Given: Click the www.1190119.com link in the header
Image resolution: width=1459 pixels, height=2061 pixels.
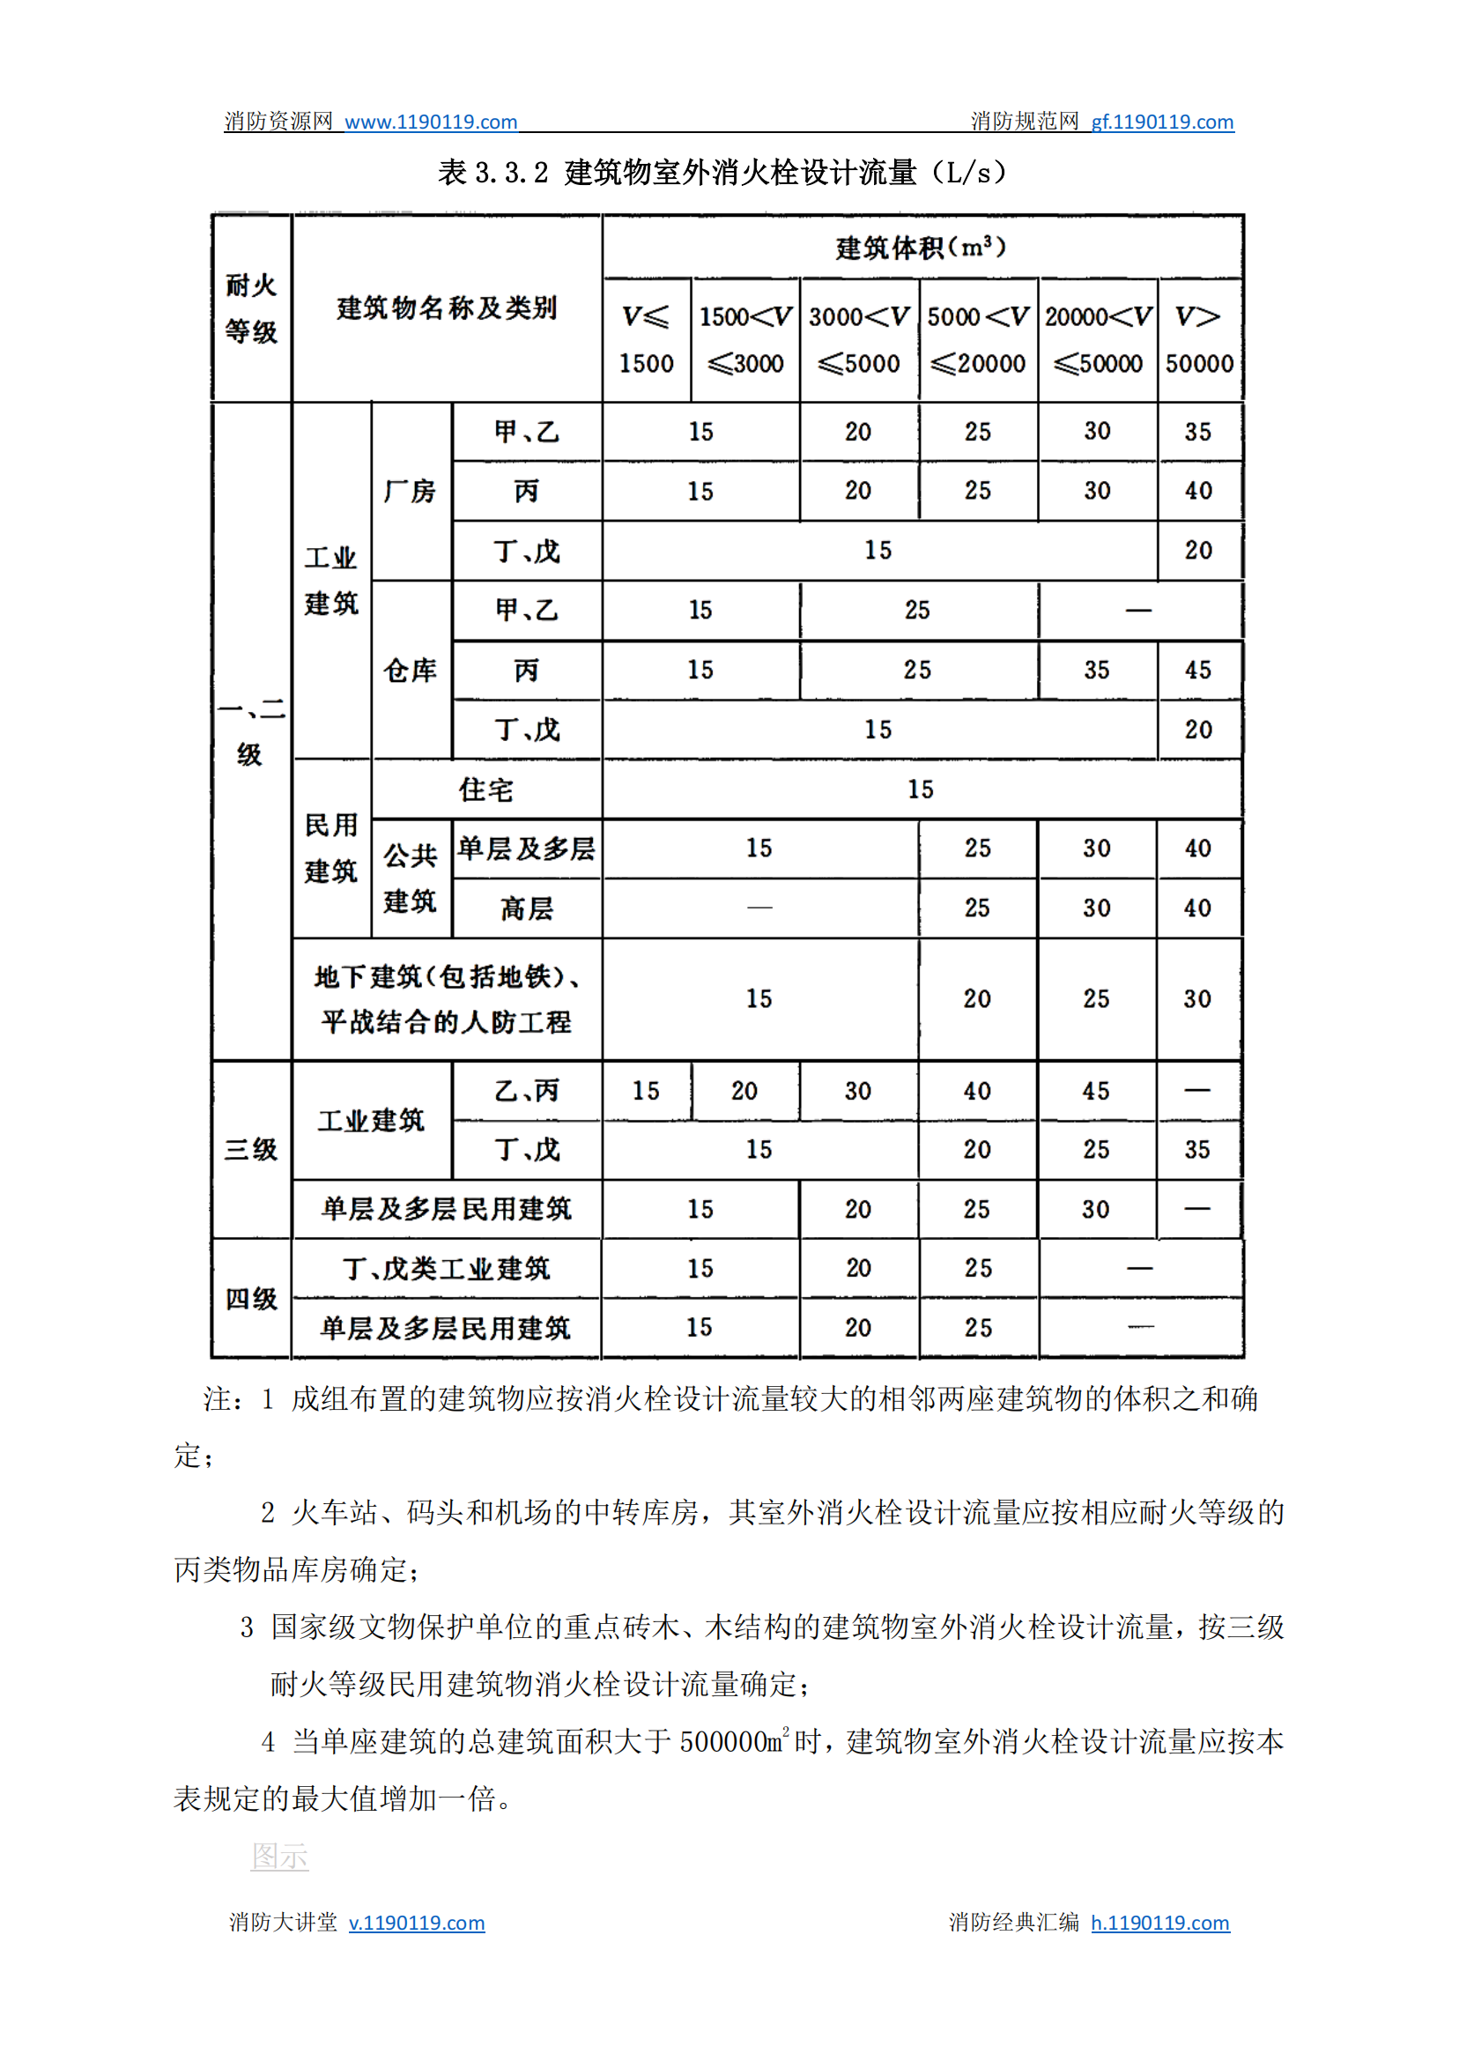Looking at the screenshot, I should tap(430, 122).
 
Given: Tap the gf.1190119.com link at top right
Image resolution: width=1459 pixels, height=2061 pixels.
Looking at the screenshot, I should tap(1161, 122).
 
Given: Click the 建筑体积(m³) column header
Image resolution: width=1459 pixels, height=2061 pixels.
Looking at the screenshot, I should tap(921, 247).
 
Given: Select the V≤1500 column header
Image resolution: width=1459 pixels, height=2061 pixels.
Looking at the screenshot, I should tap(646, 339).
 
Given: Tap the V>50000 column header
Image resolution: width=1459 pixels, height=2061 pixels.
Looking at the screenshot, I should tap(1198, 339).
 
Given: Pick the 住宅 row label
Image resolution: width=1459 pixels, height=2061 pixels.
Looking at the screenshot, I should tap(486, 790).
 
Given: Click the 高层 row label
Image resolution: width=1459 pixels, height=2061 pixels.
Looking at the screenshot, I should tap(527, 908).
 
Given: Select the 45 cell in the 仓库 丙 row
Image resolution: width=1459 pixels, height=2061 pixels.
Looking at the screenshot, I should tap(1197, 671).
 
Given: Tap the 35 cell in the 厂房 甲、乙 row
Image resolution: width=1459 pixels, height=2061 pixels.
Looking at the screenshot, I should tap(1197, 432).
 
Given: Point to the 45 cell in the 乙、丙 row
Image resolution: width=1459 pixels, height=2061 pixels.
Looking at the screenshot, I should tap(1096, 1091).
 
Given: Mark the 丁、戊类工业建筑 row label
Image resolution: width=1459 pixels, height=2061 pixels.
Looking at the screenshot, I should tap(447, 1269).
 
